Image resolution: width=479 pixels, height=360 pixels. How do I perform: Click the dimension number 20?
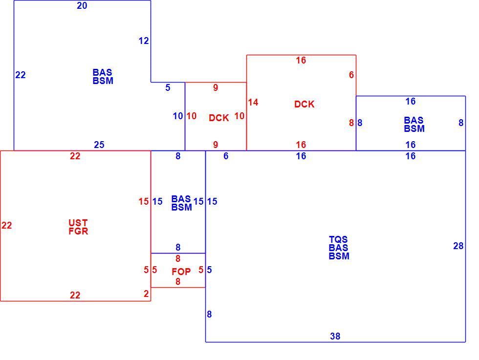point(82,6)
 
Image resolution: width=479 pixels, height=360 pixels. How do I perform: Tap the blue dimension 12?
point(144,41)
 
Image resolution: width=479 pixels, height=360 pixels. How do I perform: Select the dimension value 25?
point(99,145)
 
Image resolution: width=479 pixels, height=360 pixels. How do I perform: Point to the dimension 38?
point(335,336)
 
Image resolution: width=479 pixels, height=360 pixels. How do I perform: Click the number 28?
point(458,246)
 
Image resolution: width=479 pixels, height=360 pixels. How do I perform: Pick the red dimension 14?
point(253,102)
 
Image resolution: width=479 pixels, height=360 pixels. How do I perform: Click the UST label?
point(78,223)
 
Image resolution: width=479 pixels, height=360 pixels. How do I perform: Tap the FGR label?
point(78,231)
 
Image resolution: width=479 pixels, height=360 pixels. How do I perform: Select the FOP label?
point(181,272)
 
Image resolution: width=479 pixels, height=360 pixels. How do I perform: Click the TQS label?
point(338,239)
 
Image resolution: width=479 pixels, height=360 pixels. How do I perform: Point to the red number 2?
point(146,294)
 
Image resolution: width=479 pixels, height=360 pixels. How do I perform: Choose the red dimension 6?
point(351,75)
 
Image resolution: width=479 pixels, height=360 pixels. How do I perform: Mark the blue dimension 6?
point(226,156)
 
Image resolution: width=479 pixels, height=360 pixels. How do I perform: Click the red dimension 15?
point(144,202)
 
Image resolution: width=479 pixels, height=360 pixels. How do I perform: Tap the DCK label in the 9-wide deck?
point(219,118)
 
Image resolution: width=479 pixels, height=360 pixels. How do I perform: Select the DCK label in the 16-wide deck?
point(304,104)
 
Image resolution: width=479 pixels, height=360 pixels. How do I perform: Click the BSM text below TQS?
point(339,256)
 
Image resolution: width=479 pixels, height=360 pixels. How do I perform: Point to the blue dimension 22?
point(21,75)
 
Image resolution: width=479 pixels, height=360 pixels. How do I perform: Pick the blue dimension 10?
point(178,116)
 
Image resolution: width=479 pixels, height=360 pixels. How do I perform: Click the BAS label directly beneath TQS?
point(338,248)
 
